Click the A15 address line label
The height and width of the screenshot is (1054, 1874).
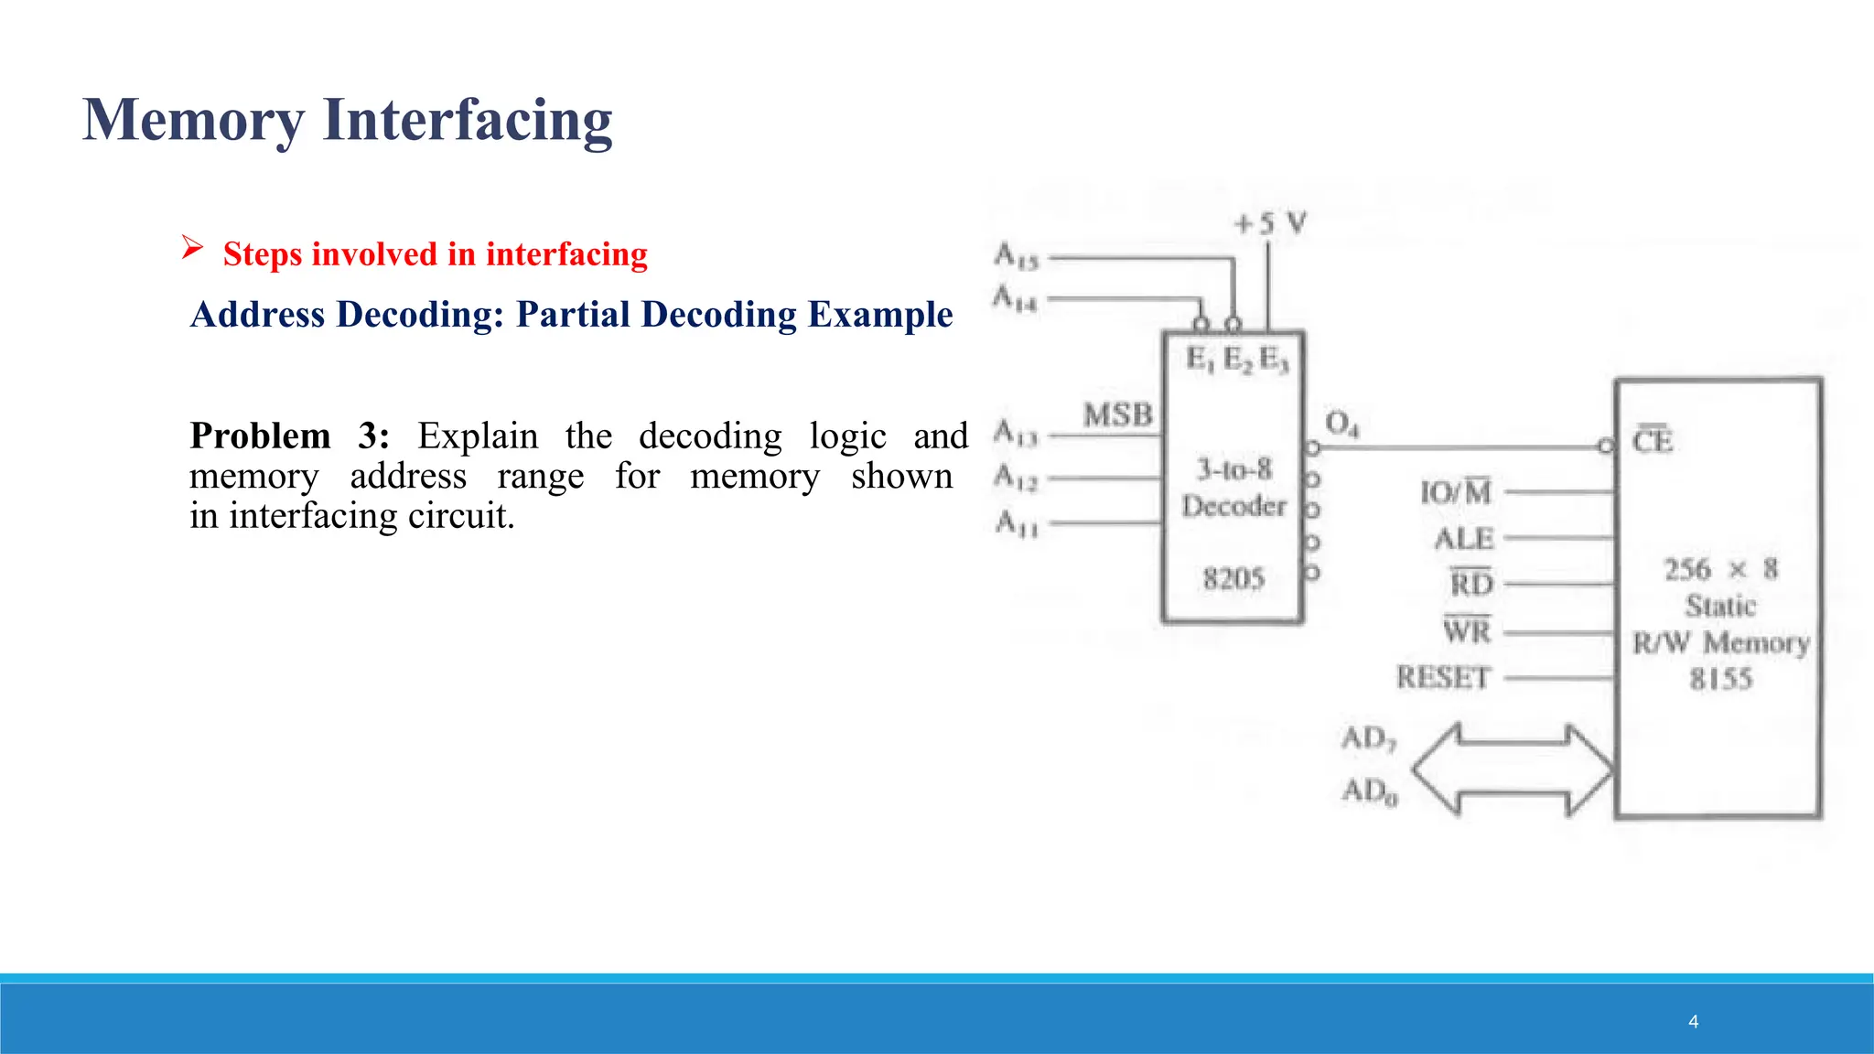point(1017,256)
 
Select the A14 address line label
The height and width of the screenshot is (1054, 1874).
point(1016,298)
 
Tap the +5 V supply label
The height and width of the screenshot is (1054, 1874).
point(1270,223)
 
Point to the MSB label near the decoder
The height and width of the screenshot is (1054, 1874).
point(1117,415)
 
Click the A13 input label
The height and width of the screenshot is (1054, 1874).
point(1016,432)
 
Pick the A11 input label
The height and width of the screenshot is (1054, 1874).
point(1017,523)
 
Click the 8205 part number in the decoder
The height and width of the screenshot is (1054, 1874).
point(1233,578)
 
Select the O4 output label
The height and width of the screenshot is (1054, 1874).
point(1341,424)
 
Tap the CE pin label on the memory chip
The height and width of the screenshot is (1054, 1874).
point(1653,441)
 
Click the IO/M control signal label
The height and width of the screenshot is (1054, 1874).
point(1455,492)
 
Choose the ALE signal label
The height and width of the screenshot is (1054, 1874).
point(1463,538)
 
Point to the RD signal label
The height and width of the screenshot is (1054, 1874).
point(1470,583)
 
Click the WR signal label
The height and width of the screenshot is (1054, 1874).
point(1467,630)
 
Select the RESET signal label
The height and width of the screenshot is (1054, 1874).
point(1443,678)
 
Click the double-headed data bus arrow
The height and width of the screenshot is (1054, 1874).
point(1512,769)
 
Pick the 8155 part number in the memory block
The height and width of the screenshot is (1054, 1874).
point(1720,679)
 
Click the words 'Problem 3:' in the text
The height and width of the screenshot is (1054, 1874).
point(289,436)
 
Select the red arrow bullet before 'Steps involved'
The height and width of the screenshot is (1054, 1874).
point(192,247)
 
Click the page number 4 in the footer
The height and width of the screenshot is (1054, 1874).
point(1693,1022)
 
